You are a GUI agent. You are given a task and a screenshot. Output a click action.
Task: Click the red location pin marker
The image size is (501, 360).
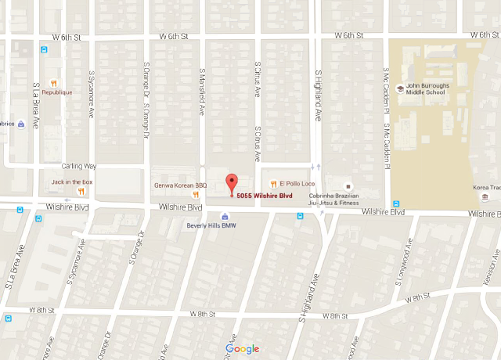tap(231, 184)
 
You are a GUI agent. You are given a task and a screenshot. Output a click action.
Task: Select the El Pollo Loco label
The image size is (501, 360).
tap(296, 184)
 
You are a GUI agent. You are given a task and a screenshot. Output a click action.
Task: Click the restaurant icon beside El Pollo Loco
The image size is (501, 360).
tap(273, 184)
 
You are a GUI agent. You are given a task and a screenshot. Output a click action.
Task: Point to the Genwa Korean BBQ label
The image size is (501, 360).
tap(173, 185)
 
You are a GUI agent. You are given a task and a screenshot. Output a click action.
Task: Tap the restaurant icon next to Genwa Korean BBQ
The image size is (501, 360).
tap(197, 195)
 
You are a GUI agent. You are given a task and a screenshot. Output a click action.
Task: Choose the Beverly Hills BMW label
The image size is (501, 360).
tap(211, 225)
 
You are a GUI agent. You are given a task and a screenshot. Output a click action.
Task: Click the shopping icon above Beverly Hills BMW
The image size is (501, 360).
tap(225, 216)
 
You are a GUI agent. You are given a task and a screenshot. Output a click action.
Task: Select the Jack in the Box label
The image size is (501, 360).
tap(72, 182)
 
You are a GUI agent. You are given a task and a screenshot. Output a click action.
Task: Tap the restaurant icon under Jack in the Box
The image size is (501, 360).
tap(81, 192)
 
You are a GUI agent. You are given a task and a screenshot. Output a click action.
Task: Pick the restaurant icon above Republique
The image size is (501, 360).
tap(53, 83)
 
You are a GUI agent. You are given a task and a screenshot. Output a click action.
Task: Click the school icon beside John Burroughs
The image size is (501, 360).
tap(401, 88)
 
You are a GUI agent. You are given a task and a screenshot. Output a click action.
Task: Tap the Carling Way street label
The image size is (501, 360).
tap(78, 166)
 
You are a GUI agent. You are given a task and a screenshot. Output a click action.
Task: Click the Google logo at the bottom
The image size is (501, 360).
tap(242, 349)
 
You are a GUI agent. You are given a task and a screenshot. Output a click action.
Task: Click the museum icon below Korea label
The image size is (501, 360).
tap(485, 196)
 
